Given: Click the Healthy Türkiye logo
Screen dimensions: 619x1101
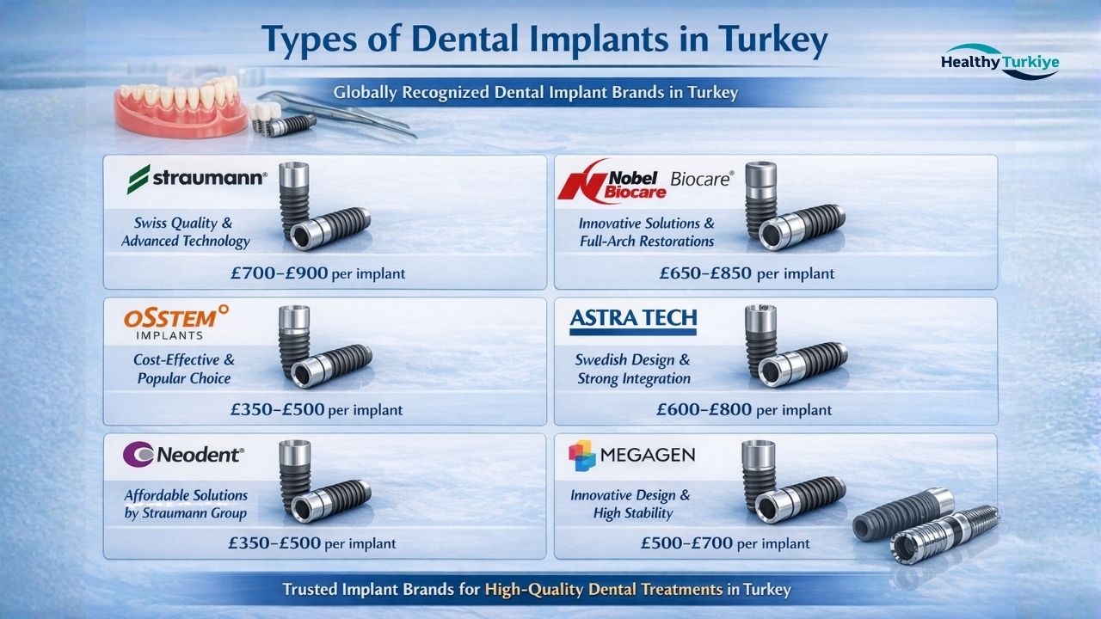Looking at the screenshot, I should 1000,62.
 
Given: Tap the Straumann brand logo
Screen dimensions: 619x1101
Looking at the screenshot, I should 197,179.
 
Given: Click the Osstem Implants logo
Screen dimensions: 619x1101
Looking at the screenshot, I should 175,322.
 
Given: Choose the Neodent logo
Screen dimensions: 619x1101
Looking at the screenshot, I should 184,454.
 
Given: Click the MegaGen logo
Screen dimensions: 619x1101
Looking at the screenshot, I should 631,455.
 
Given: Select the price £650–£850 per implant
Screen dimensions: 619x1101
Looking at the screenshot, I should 747,273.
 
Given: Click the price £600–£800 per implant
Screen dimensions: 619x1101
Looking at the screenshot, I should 744,409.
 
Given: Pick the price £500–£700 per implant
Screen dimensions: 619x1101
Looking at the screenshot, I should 725,542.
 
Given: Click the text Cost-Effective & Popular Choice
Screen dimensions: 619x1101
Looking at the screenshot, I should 183,369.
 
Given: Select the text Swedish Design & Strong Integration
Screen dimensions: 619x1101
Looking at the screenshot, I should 632,369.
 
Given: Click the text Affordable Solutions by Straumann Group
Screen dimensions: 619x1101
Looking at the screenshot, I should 185,504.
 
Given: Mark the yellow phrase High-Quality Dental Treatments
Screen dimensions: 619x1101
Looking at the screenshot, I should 604,590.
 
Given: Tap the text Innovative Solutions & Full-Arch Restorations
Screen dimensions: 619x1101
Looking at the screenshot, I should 646,232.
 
